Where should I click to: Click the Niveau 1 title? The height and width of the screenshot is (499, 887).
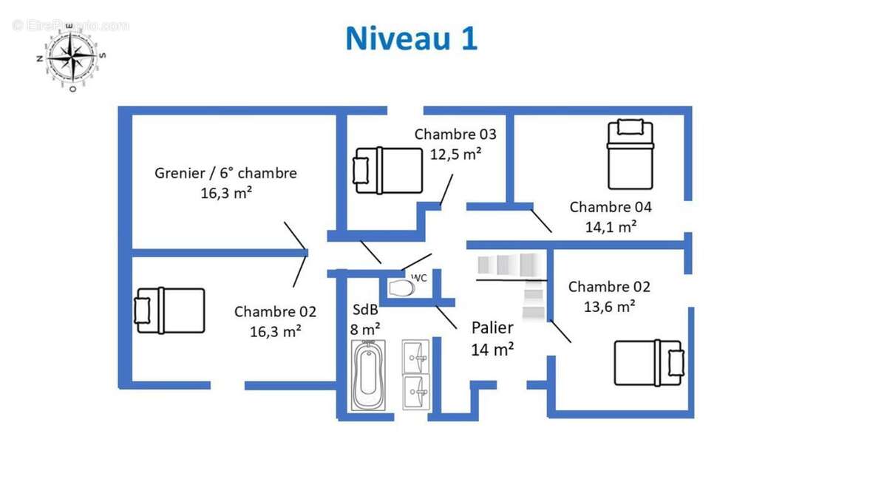click(x=411, y=39)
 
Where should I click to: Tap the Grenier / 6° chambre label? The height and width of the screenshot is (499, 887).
click(x=225, y=173)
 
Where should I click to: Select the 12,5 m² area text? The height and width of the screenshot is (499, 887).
click(x=456, y=154)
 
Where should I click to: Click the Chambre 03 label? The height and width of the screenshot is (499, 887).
click(x=455, y=135)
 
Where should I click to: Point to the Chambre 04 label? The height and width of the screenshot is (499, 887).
click(x=611, y=207)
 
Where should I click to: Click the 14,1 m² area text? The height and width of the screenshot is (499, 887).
click(x=611, y=227)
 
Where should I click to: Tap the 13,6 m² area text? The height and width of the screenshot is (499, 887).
click(x=609, y=306)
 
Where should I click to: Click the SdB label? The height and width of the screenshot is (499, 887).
click(x=365, y=310)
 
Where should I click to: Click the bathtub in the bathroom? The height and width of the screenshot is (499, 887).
click(x=368, y=375)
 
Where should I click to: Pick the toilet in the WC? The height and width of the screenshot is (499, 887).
click(x=401, y=287)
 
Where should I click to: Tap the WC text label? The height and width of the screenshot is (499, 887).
click(x=419, y=278)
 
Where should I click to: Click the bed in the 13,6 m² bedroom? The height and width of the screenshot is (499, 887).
click(x=648, y=362)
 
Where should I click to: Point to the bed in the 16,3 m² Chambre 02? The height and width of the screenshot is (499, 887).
click(x=169, y=310)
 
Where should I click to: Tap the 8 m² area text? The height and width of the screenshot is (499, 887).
click(x=365, y=328)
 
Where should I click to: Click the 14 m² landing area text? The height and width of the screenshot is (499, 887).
click(x=492, y=349)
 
